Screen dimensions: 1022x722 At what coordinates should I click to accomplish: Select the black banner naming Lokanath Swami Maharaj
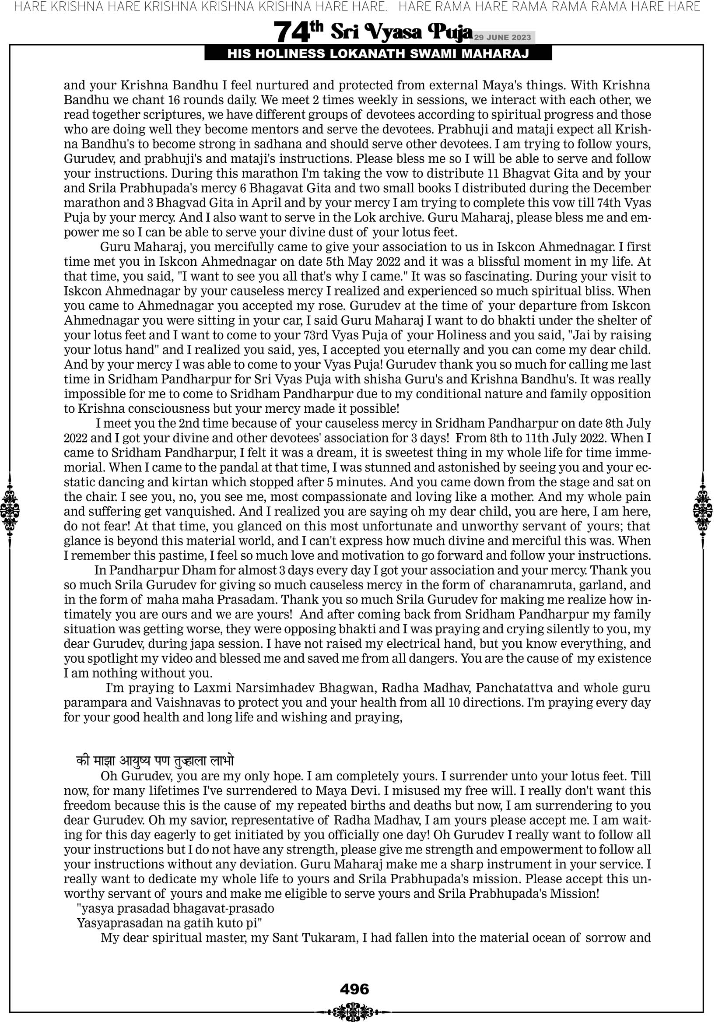pyautogui.click(x=378, y=54)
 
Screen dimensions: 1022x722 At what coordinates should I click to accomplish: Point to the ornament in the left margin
pyautogui.click(x=10, y=510)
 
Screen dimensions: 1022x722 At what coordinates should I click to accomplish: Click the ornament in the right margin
pyautogui.click(x=703, y=510)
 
